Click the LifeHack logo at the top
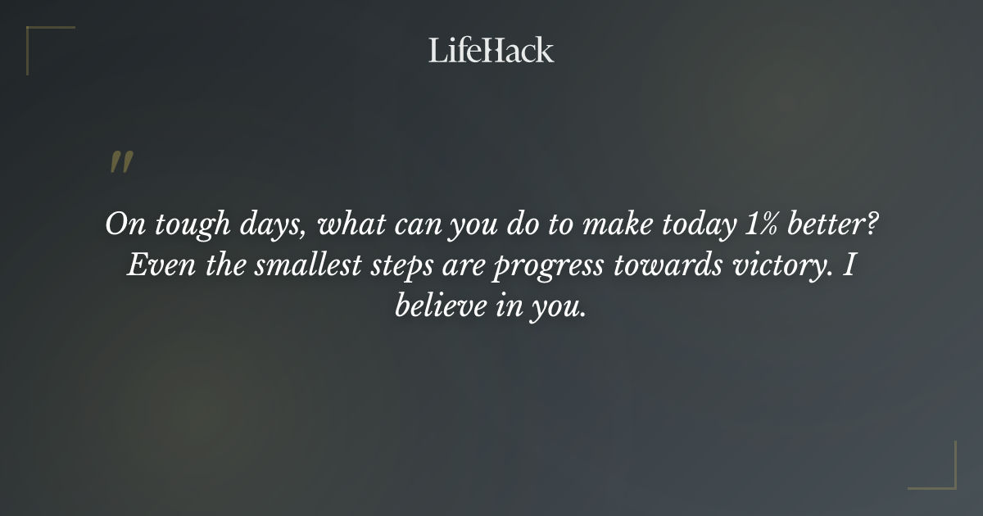tap(491, 50)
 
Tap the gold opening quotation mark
tap(120, 162)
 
